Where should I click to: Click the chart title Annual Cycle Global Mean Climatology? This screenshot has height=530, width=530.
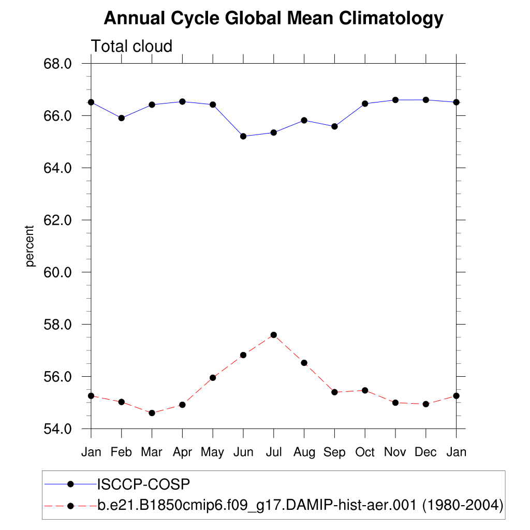pyautogui.click(x=273, y=19)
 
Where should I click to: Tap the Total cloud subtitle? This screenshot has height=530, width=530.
pyautogui.click(x=131, y=47)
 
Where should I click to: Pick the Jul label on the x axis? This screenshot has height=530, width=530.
pyautogui.click(x=273, y=452)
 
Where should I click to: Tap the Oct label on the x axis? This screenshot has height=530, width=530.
pyautogui.click(x=365, y=452)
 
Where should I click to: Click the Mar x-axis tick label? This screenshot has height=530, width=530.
pyautogui.click(x=152, y=452)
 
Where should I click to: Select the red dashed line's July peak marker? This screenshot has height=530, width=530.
pyautogui.click(x=273, y=335)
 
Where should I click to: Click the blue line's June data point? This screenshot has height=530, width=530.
pyautogui.click(x=243, y=136)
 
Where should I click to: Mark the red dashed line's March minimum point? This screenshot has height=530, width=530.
pyautogui.click(x=152, y=413)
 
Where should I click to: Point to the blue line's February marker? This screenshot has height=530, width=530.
pyautogui.click(x=122, y=118)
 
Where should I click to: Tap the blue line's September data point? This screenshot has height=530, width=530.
pyautogui.click(x=334, y=126)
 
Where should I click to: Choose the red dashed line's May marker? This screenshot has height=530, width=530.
pyautogui.click(x=213, y=378)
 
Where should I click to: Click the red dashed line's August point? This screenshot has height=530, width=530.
pyautogui.click(x=304, y=363)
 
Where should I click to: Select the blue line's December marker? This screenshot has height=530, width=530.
pyautogui.click(x=426, y=100)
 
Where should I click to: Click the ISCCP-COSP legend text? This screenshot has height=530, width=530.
pyautogui.click(x=144, y=484)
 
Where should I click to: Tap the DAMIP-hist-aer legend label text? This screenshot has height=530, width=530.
pyautogui.click(x=300, y=505)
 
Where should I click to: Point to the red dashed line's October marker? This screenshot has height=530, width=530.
pyautogui.click(x=365, y=390)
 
